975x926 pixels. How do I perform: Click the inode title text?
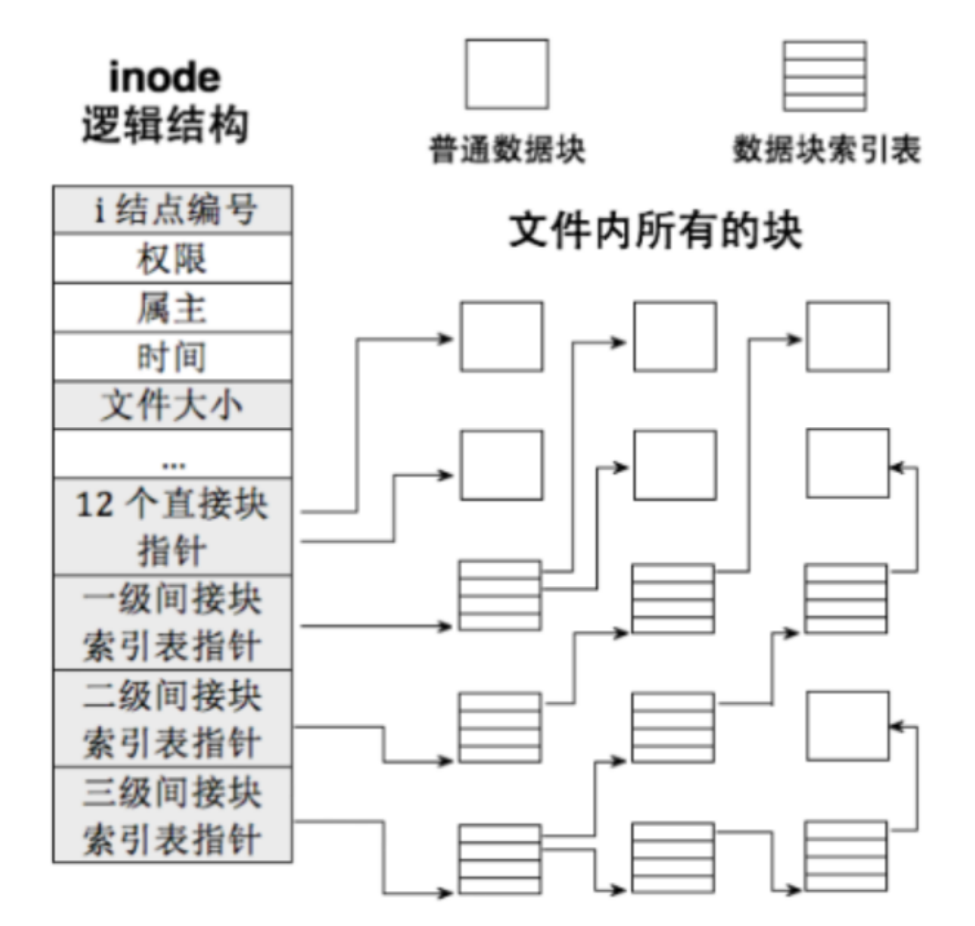(x=164, y=78)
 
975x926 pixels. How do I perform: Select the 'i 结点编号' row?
(x=173, y=209)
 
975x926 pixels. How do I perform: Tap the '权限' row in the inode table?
(x=173, y=259)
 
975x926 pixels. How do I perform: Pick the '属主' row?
(x=173, y=308)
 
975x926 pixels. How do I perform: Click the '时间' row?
(x=173, y=357)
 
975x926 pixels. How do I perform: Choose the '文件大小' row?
(x=173, y=405)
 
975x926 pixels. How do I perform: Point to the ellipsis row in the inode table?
(x=173, y=455)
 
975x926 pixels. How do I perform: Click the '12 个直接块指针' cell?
(x=173, y=527)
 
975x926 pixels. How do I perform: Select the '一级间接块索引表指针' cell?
(x=173, y=622)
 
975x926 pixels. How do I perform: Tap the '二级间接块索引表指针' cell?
(x=173, y=718)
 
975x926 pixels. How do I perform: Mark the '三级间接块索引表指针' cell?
(x=173, y=815)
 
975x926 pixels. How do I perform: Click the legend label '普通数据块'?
(x=507, y=149)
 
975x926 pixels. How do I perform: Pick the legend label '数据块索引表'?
(x=826, y=149)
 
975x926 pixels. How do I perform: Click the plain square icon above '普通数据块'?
(x=507, y=75)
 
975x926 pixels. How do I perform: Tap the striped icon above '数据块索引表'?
(x=825, y=76)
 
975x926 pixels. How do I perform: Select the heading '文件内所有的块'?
(x=655, y=231)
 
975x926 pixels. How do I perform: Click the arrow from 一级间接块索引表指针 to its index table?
(x=373, y=626)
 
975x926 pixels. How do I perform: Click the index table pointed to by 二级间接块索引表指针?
(x=500, y=727)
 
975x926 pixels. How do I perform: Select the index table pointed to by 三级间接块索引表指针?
(x=500, y=859)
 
